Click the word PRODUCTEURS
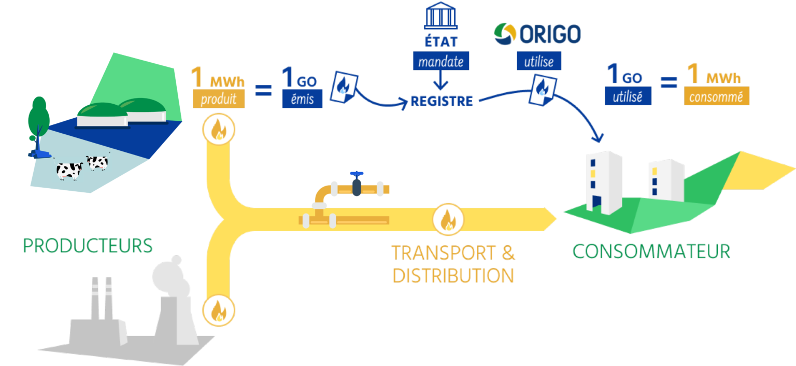[88, 245]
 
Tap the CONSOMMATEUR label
[651, 251]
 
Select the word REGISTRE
[442, 101]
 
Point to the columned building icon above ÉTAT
[441, 18]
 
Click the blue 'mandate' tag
[441, 62]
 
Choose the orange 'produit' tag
[218, 99]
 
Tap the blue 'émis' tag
[302, 99]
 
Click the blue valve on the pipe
[356, 184]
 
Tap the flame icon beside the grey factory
[218, 312]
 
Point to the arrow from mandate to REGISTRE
[441, 80]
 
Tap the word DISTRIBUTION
[453, 276]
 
